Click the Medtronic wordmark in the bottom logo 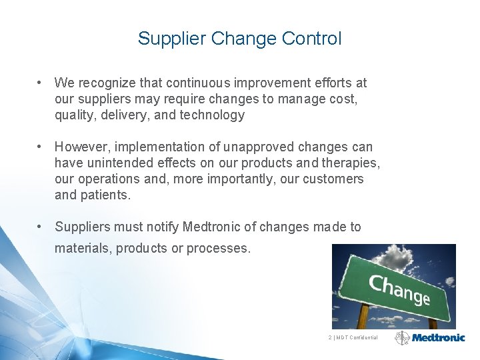442,338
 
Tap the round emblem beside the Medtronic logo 403,338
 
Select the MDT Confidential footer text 354,338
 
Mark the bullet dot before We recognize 41,83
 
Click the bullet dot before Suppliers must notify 41,227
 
